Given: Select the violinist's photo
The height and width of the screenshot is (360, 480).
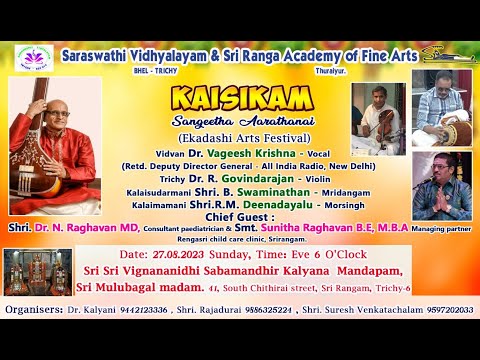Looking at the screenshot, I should coord(376,117).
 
